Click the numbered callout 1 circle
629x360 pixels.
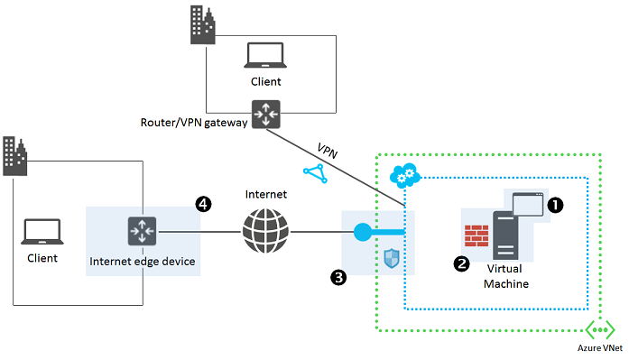point(556,205)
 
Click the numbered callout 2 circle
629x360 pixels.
point(461,265)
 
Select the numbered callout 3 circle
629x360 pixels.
point(338,279)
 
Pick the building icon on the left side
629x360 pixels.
point(14,156)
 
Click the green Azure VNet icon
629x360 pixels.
point(600,329)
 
